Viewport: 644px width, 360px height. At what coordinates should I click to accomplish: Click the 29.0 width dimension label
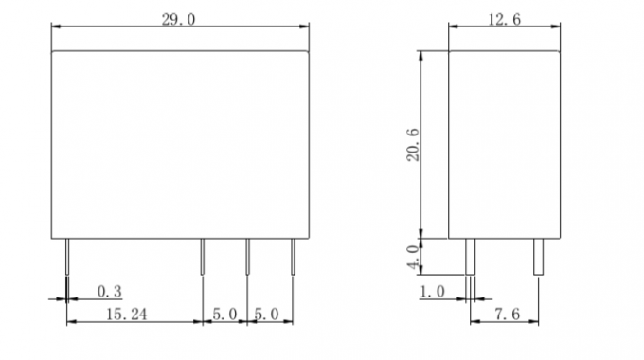click(x=178, y=19)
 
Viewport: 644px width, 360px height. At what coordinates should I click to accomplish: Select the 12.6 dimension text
click(x=505, y=19)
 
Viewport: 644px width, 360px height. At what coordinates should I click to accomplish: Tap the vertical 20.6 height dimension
click(x=413, y=145)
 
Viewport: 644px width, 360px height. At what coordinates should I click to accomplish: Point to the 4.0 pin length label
click(x=414, y=257)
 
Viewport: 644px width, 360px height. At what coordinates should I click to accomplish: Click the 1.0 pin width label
click(x=432, y=292)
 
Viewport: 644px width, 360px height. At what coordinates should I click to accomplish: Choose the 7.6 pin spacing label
click(x=508, y=315)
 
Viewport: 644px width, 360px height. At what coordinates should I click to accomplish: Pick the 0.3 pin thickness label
click(x=109, y=292)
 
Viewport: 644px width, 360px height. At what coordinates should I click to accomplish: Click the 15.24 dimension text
click(x=127, y=315)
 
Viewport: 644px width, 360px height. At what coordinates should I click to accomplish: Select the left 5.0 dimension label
click(x=224, y=315)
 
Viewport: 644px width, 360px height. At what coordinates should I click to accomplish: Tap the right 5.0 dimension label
click(x=266, y=315)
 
